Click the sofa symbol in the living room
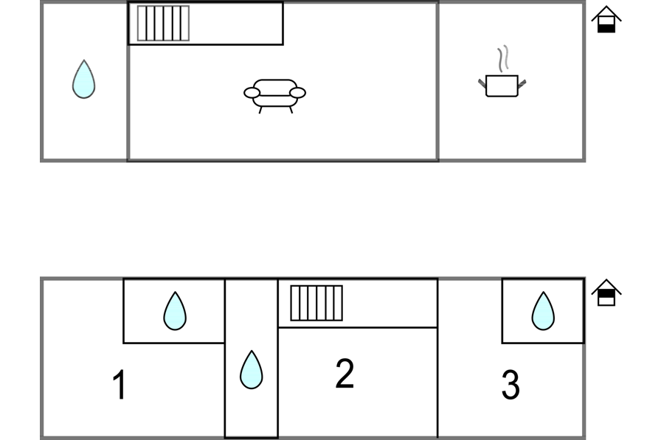(274, 94)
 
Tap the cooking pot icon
(502, 85)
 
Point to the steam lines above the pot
(502, 58)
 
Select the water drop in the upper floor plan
(83, 79)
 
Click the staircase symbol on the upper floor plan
(163, 24)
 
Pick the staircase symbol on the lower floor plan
(316, 303)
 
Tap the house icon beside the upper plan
(606, 20)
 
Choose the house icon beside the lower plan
(606, 293)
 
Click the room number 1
(119, 385)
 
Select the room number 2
(345, 374)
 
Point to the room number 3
(511, 385)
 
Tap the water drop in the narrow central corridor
(252, 370)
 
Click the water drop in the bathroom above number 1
(175, 311)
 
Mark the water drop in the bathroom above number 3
(543, 311)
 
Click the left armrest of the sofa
(252, 93)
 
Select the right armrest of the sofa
(297, 93)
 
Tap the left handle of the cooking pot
(482, 83)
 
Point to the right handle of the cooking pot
(522, 83)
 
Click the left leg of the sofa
(260, 110)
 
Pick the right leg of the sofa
(291, 110)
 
